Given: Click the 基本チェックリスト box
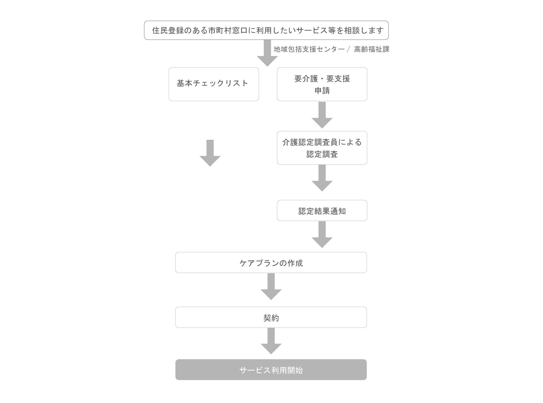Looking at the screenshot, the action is point(214,84).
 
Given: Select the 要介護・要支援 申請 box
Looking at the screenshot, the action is point(322,84).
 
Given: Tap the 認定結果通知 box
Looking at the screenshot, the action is point(322,210).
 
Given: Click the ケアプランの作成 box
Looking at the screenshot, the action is point(271,262).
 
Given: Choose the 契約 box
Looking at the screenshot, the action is point(271,317).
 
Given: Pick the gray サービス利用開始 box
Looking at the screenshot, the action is point(271,370).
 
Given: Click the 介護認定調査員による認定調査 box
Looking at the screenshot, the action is point(322,148).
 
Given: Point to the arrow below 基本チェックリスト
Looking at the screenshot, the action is point(210,153).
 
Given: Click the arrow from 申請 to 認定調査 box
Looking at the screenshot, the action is point(322,115).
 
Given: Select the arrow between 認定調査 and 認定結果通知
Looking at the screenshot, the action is point(322,178).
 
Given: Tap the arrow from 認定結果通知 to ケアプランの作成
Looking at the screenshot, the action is point(322,235).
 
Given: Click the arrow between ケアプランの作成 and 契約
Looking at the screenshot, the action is point(271,287).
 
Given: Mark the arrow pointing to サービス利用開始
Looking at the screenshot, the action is point(271,341).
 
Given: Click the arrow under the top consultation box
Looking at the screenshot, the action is point(267,53).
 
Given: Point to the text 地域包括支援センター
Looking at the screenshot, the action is point(309,49).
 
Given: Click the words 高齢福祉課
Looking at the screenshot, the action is point(372,49).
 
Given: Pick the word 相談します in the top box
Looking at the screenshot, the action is point(364,30).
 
